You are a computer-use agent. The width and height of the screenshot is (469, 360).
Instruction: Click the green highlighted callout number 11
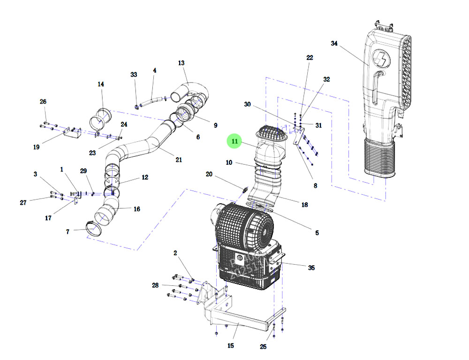click(234, 141)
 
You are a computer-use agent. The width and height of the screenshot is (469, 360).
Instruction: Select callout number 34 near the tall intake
click(334, 43)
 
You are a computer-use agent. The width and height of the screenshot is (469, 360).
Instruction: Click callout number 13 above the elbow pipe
click(182, 63)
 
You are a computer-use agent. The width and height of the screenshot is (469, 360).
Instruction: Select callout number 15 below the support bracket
click(231, 346)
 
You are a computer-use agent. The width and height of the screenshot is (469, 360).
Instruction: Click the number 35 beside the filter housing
click(311, 268)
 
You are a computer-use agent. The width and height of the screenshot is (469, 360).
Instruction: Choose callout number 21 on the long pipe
click(179, 160)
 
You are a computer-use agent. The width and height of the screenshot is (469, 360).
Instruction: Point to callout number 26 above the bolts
click(43, 102)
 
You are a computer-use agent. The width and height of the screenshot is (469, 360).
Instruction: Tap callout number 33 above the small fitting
click(134, 75)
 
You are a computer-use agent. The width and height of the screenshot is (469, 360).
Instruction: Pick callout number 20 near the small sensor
click(209, 174)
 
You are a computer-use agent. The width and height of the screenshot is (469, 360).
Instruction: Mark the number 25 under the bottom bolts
click(263, 347)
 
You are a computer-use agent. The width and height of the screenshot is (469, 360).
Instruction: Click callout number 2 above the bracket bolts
click(175, 253)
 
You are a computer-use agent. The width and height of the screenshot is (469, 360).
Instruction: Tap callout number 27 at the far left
click(23, 202)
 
